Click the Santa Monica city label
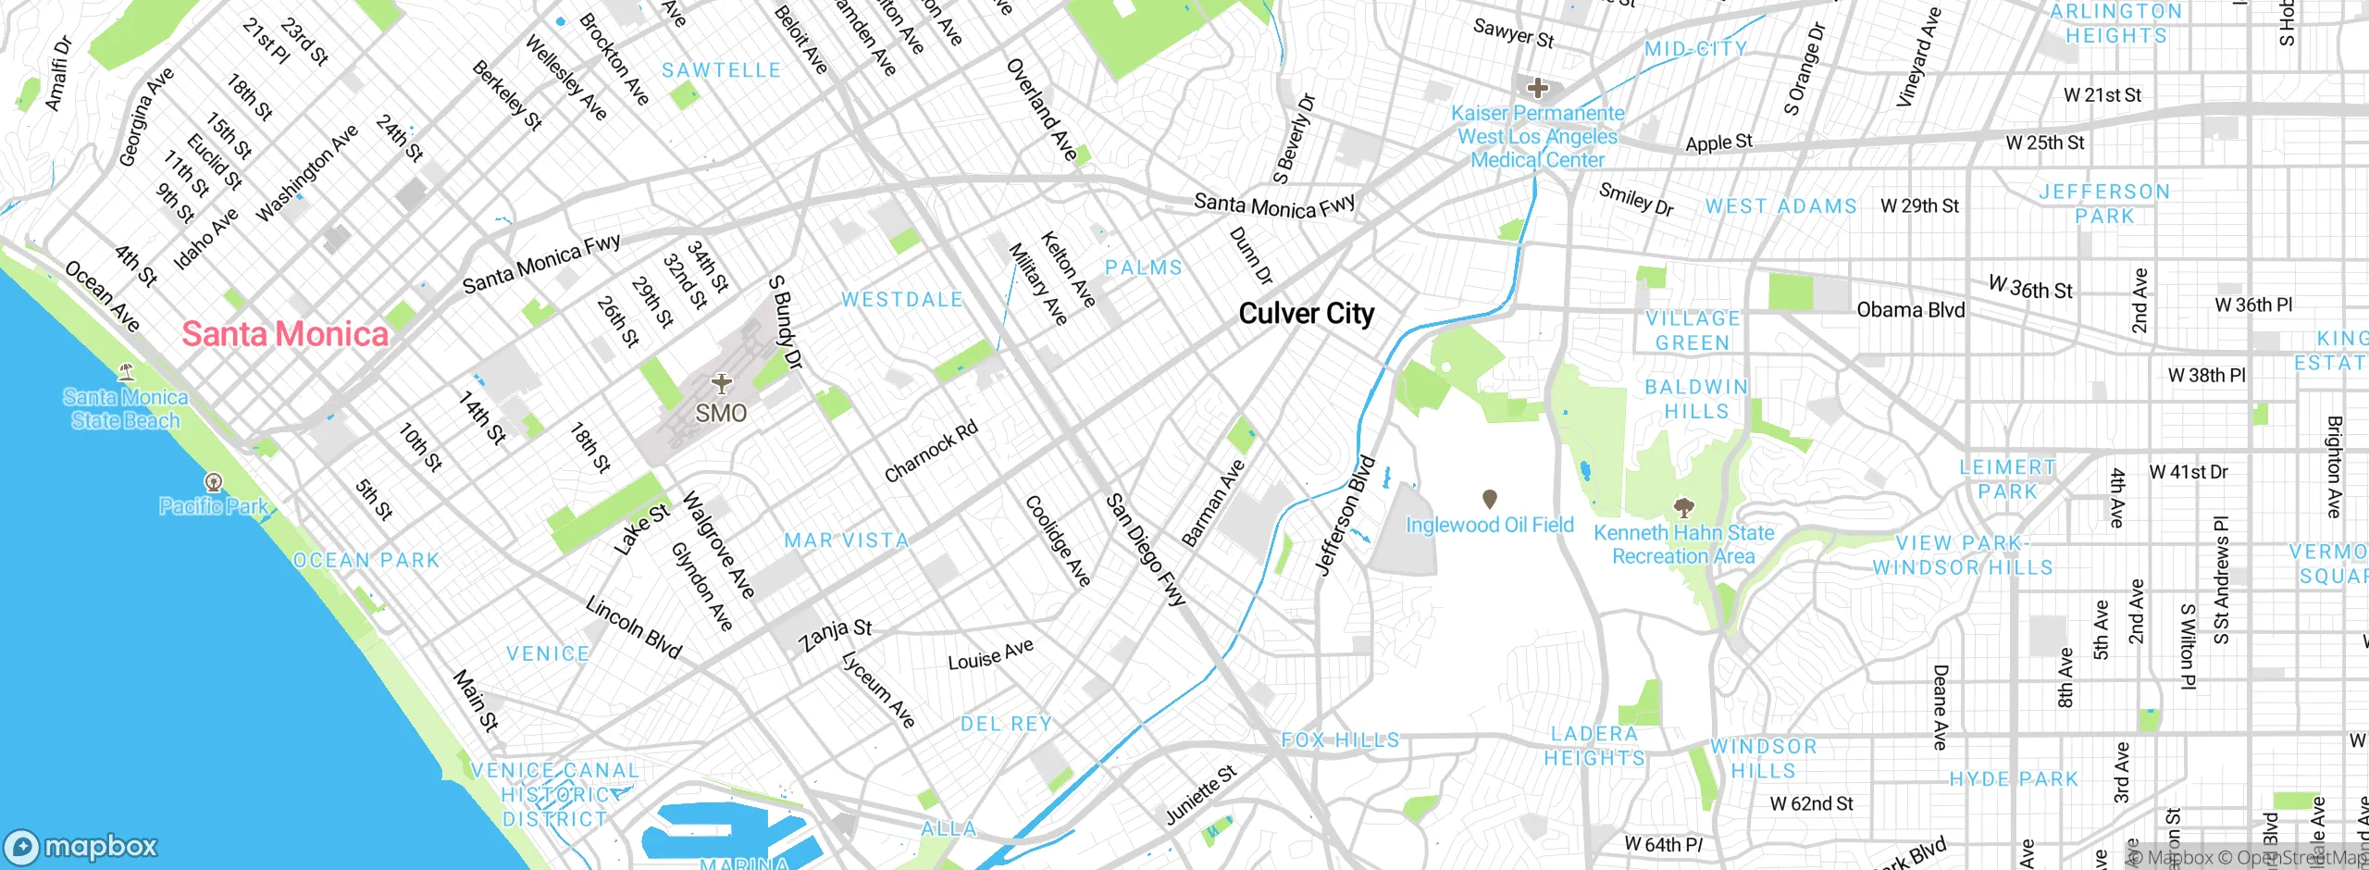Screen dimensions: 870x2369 pos(285,334)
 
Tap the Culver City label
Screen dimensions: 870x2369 pos(1306,314)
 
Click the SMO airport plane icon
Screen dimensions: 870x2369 pos(721,383)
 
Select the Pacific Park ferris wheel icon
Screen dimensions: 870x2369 pos(214,481)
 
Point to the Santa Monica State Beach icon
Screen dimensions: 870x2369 pos(127,372)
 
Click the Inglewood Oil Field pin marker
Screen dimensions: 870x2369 pos(1489,500)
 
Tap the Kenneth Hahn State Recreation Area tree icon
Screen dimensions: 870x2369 pos(1683,507)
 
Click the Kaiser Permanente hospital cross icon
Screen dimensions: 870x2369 pos(1538,89)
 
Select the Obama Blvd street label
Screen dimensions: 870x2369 pos(1910,310)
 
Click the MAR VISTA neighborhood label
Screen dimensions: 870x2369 pos(846,541)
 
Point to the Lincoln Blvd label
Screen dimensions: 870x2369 pos(634,628)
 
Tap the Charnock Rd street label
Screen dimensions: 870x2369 pos(930,452)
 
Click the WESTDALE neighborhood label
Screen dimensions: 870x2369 pos(901,300)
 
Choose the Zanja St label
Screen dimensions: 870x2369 pos(835,635)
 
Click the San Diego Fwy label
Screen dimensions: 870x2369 pos(1146,550)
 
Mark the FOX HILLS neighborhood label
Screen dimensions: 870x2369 pos(1339,740)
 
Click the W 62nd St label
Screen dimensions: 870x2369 pos(1811,804)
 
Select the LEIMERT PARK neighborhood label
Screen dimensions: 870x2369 pos(2007,479)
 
